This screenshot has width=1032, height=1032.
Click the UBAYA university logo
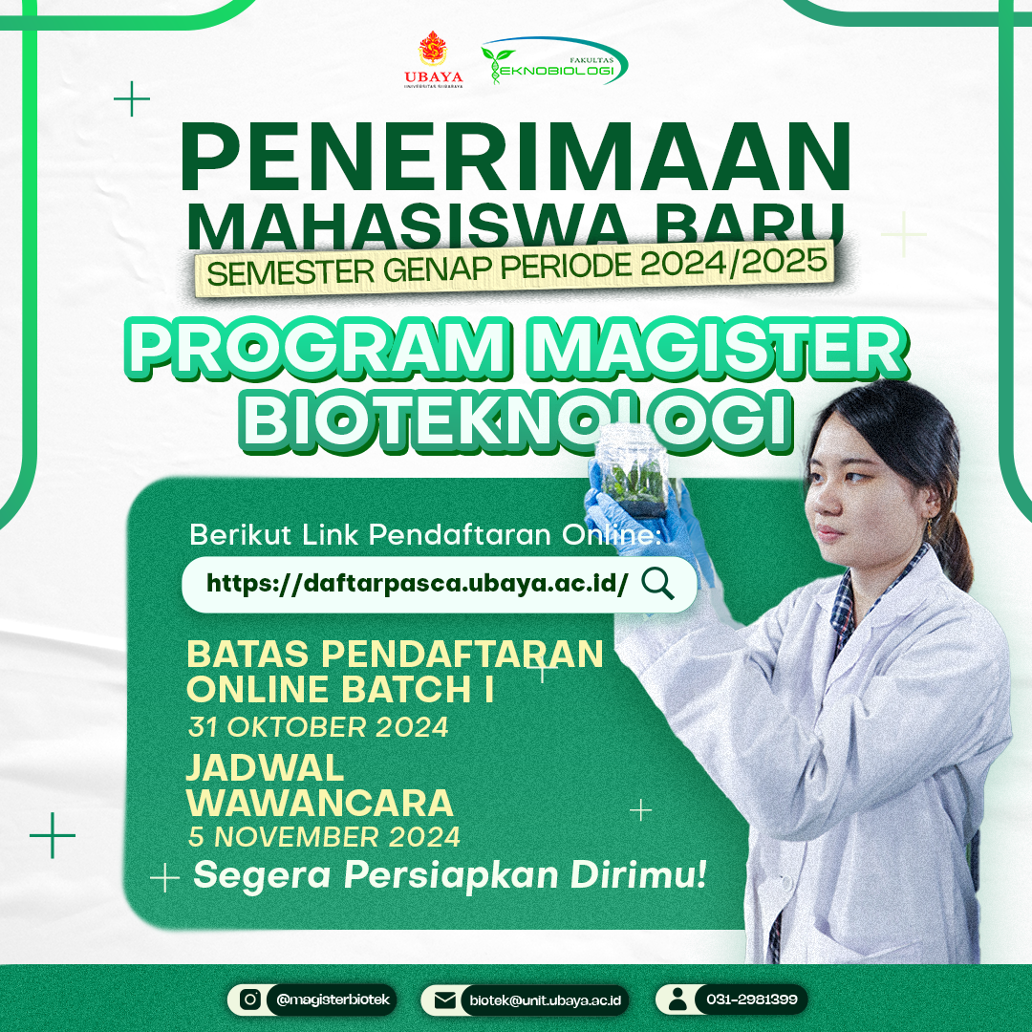click(433, 59)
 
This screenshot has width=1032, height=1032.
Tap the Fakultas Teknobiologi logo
click(554, 60)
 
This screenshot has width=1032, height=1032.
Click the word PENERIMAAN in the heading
click(515, 157)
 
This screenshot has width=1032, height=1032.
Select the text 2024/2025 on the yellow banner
click(733, 264)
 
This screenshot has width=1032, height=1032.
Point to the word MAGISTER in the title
click(719, 347)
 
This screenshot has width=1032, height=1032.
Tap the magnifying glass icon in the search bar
click(657, 584)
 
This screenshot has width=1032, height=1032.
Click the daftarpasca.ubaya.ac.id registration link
click(417, 583)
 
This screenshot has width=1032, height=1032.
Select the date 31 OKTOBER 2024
click(318, 727)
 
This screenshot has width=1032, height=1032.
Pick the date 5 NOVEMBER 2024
click(324, 836)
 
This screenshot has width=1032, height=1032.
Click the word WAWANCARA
click(320, 803)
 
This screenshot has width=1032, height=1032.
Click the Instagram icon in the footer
click(250, 1000)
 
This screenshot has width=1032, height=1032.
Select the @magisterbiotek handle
click(333, 1000)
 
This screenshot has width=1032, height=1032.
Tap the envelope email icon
click(445, 1000)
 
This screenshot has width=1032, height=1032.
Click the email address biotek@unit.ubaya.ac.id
click(545, 1000)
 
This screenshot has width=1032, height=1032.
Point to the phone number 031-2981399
click(752, 1000)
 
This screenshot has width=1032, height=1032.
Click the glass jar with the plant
click(634, 471)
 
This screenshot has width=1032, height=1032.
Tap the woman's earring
click(930, 527)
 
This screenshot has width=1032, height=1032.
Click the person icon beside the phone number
click(677, 1000)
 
